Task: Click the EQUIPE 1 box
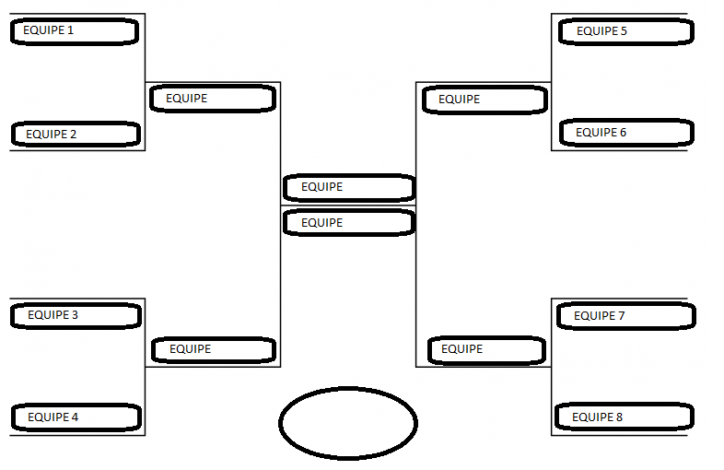coord(75,31)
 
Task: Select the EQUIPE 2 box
coord(76,135)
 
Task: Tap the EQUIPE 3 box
coord(76,315)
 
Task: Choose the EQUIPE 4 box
coord(76,417)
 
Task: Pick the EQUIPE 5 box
coord(625,31)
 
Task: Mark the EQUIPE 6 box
coord(625,133)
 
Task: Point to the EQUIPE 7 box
coord(625,316)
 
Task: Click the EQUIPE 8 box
coord(624,417)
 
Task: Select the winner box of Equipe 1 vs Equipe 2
coord(213,99)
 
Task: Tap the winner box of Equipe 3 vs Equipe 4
coord(214,349)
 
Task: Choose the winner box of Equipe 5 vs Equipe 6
coord(485,100)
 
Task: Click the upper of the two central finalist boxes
coord(349,187)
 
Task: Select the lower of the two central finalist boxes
coord(349,223)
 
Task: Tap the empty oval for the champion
coord(348,423)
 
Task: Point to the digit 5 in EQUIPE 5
coord(624,31)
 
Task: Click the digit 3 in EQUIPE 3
coord(75,315)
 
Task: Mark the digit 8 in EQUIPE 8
coord(619,417)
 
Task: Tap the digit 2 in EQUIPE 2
coord(73,135)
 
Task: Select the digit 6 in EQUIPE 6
coord(623,133)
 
